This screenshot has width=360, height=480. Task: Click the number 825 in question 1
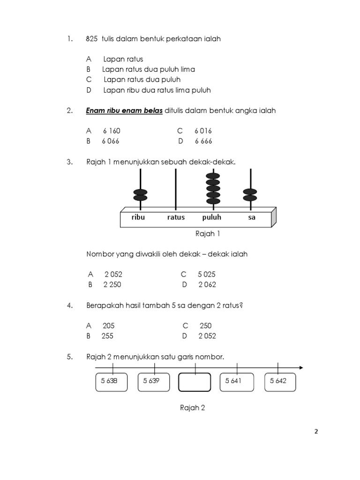(x=92, y=39)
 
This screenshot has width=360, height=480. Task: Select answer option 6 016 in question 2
(x=203, y=131)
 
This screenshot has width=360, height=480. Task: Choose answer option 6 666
(x=203, y=141)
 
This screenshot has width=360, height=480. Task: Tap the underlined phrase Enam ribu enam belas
(x=124, y=111)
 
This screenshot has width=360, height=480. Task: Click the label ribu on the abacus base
(x=139, y=217)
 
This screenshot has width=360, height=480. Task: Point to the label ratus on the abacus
(x=176, y=217)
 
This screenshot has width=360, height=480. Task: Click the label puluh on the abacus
(x=212, y=217)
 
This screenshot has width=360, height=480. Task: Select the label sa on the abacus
(x=252, y=217)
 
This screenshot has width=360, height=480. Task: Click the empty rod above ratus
(x=176, y=187)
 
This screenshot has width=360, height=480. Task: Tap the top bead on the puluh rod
(x=213, y=177)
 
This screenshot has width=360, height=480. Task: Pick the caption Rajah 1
(x=207, y=233)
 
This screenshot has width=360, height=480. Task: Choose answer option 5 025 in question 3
(x=206, y=274)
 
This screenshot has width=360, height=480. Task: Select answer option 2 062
(x=207, y=285)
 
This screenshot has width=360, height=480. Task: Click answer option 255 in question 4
(x=107, y=336)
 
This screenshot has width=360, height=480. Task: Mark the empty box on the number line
(x=194, y=382)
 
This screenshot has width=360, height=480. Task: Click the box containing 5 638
(x=109, y=381)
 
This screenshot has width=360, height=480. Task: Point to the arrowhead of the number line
(x=300, y=367)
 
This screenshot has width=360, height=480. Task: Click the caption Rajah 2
(x=193, y=408)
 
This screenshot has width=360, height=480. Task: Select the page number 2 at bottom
(x=316, y=432)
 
